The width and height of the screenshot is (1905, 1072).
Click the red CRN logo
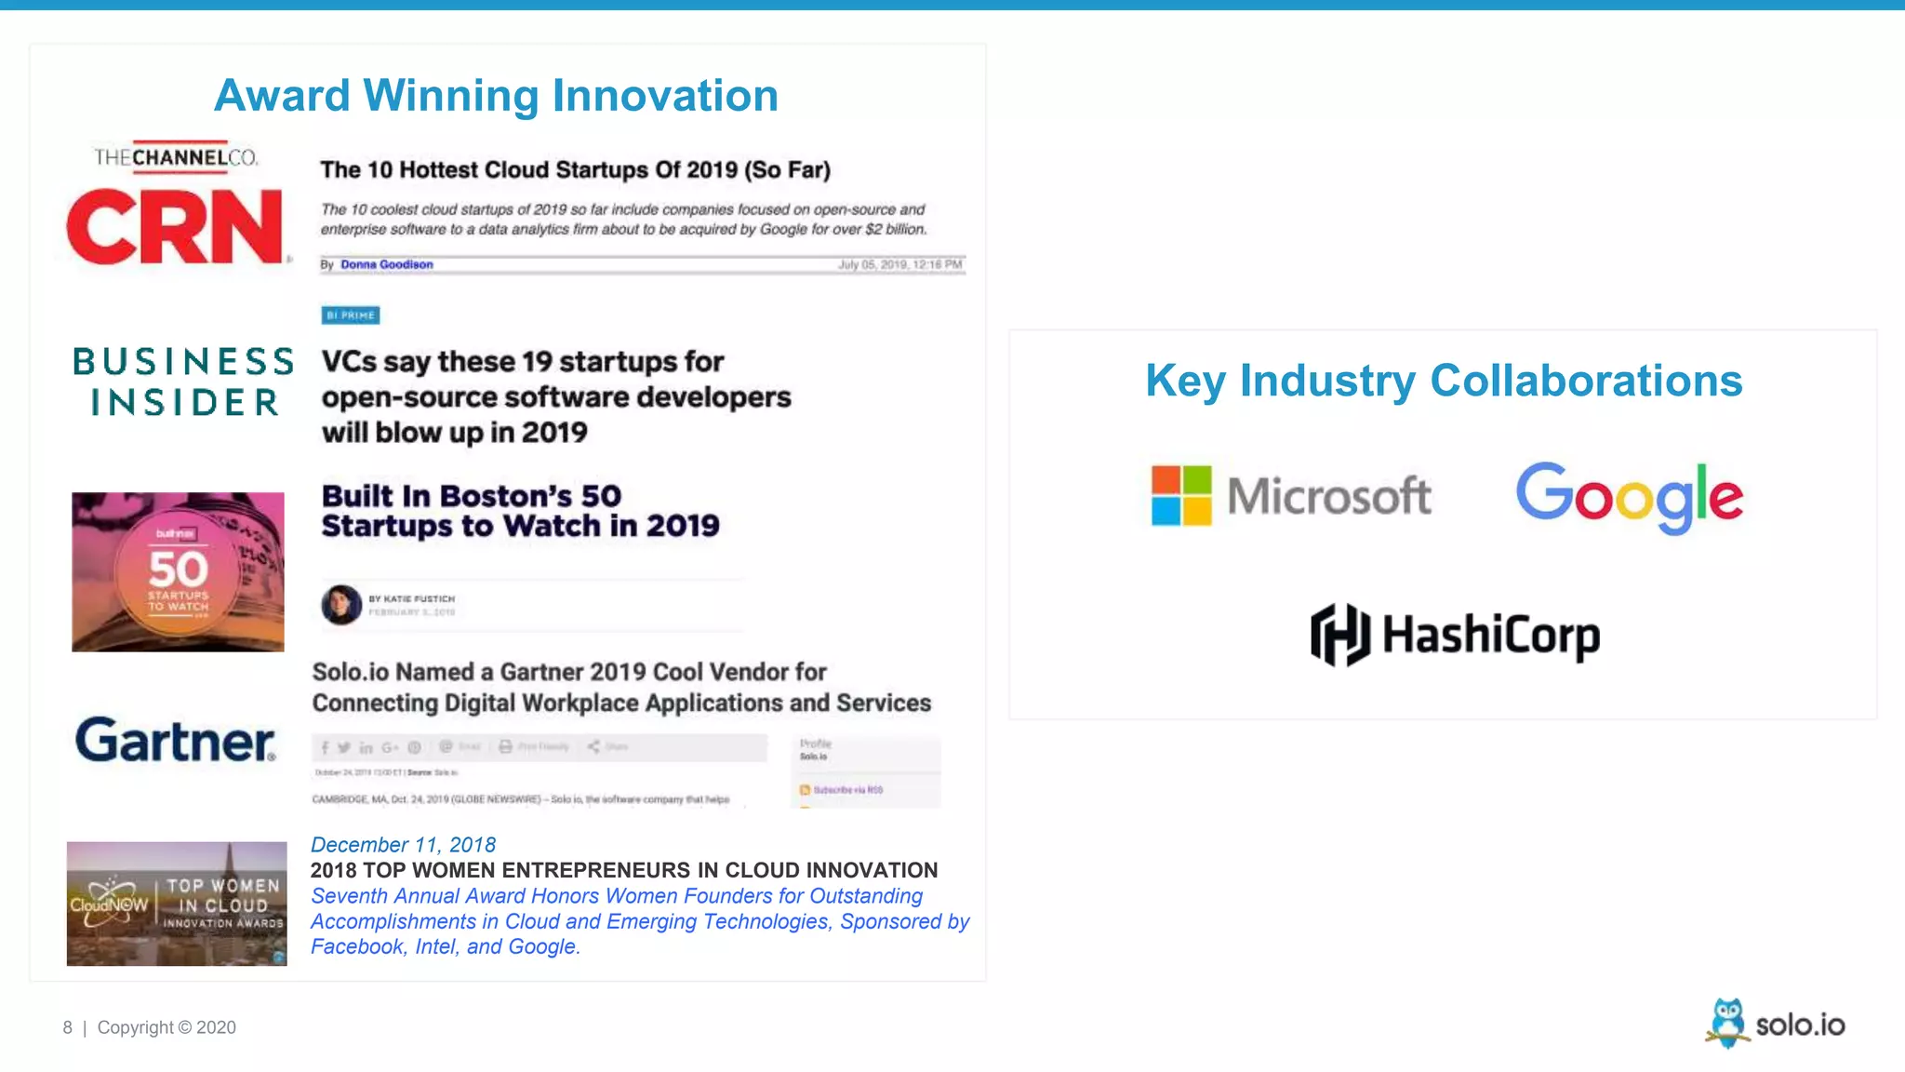pos(175,227)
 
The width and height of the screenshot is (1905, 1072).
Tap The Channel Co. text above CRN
pos(176,157)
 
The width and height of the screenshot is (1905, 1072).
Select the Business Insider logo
pos(183,382)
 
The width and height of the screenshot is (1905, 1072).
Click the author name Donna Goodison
pos(386,264)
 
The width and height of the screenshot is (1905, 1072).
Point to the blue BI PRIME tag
pos(351,315)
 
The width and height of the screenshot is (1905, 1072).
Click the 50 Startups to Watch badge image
pos(178,571)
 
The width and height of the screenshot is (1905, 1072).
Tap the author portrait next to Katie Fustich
pos(341,605)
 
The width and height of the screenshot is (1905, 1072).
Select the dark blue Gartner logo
pos(176,741)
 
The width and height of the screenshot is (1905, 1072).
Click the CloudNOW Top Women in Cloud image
pos(177,904)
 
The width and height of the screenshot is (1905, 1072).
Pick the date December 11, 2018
pos(403,845)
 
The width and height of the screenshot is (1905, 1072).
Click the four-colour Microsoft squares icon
pos(1181,496)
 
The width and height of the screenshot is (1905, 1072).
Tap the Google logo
pos(1629,497)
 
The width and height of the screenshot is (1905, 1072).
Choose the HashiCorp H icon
pos(1339,635)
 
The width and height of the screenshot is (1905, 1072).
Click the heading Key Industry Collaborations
pos(1444,381)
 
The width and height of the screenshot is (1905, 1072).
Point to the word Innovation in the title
pos(665,96)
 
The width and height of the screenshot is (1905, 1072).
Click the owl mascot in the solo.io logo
pos(1727,1023)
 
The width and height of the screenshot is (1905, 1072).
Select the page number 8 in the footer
pos(67,1027)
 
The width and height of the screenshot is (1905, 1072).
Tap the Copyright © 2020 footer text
pos(167,1027)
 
